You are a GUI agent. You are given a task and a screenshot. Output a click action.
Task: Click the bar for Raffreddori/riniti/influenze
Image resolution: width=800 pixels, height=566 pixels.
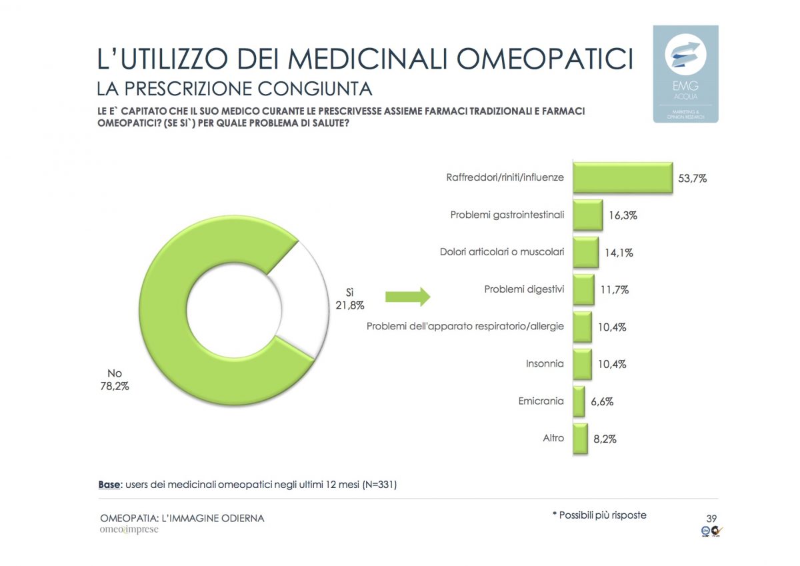[623, 177]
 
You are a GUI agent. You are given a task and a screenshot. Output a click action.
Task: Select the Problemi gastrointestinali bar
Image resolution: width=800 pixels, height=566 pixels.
[587, 215]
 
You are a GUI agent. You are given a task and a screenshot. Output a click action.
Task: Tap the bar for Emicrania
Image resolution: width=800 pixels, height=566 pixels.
[579, 401]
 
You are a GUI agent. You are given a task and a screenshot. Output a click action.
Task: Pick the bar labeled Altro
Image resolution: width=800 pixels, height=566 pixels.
[580, 439]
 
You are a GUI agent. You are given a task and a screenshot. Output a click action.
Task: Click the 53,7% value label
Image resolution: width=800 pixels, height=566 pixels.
[692, 179]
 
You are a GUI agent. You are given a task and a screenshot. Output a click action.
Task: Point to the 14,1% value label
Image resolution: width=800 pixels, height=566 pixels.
[619, 253]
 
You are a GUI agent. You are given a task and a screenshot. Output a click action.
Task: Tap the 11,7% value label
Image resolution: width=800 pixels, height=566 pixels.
[615, 290]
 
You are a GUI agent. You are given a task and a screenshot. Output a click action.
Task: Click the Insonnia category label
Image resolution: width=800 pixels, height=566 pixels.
[545, 364]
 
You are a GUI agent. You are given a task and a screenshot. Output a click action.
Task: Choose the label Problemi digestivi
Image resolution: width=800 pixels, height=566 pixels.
[524, 289]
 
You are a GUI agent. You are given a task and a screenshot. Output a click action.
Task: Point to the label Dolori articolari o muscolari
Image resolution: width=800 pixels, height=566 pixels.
[502, 252]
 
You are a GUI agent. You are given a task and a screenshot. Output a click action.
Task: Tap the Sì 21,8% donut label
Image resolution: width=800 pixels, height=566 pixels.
[348, 299]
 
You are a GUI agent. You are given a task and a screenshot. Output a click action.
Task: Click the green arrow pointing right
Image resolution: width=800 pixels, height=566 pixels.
[407, 297]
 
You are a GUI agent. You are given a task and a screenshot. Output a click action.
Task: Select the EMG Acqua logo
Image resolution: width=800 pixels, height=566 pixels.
[685, 73]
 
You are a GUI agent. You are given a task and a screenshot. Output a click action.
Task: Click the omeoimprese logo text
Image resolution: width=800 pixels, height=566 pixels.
[129, 530]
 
